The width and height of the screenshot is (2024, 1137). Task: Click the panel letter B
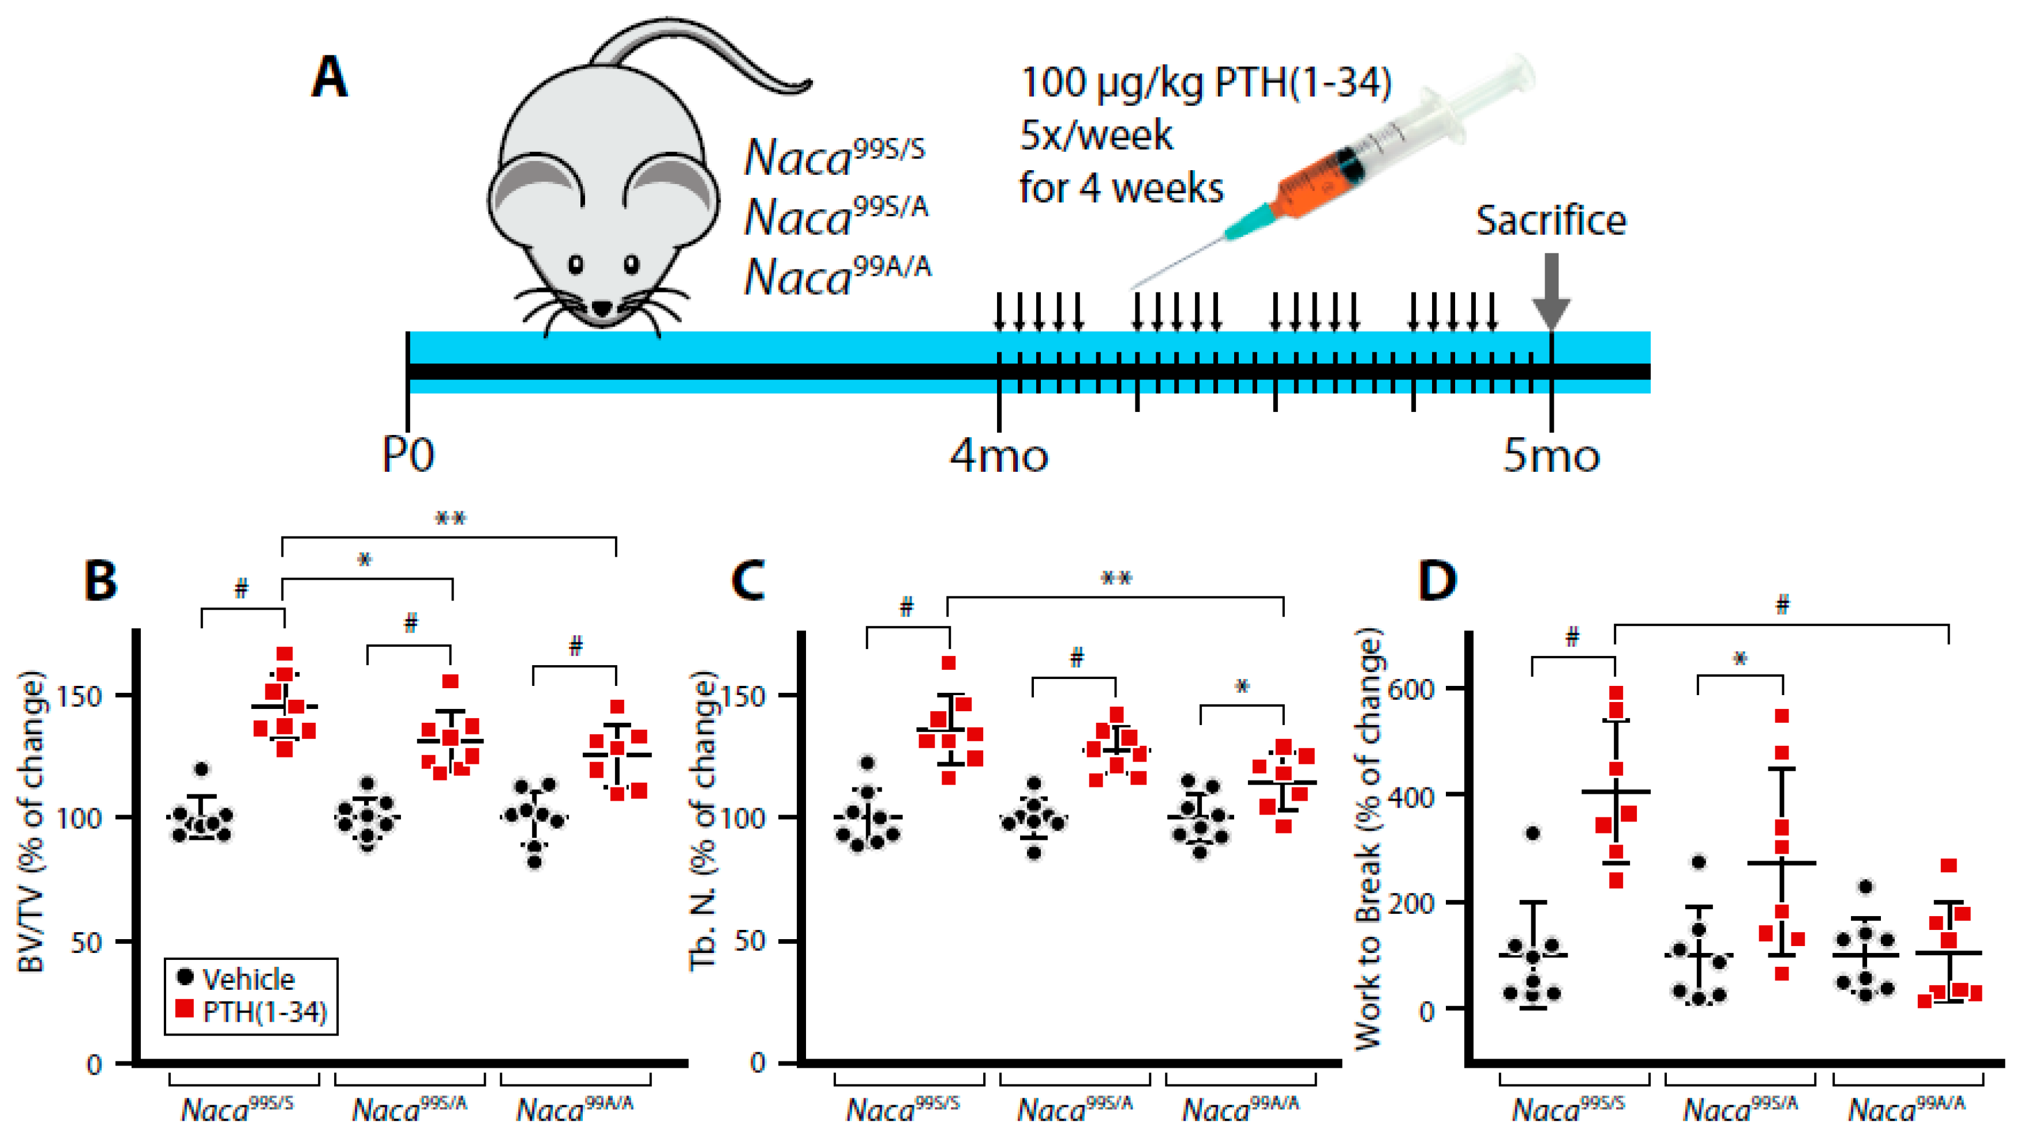[100, 581]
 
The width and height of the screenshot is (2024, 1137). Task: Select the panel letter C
[747, 581]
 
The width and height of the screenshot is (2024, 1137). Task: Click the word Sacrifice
[1550, 221]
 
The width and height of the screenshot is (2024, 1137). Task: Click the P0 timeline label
[408, 454]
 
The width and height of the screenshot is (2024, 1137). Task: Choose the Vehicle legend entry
[236, 978]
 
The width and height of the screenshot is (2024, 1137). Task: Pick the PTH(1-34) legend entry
[252, 1011]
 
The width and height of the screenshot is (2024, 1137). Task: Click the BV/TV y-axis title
[31, 821]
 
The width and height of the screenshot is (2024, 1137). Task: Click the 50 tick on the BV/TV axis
[87, 942]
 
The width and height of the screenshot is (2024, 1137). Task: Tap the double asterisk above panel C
[1116, 579]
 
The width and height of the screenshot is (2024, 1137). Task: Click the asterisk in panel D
[1740, 659]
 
